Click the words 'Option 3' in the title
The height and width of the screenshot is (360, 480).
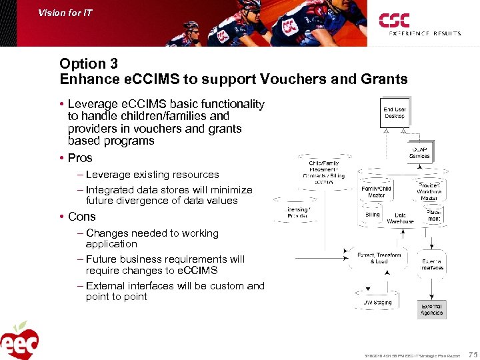89,64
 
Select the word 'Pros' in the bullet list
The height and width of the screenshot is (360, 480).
80,158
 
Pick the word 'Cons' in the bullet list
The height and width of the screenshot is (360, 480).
81,217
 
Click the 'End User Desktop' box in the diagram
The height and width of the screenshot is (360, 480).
395,113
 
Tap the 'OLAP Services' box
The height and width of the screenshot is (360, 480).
420,152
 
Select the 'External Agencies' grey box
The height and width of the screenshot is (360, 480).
431,309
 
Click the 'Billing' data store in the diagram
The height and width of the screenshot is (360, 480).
373,215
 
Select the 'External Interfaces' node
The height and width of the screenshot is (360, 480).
432,264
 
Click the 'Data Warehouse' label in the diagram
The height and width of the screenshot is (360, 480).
400,218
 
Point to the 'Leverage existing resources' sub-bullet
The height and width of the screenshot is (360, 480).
152,175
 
